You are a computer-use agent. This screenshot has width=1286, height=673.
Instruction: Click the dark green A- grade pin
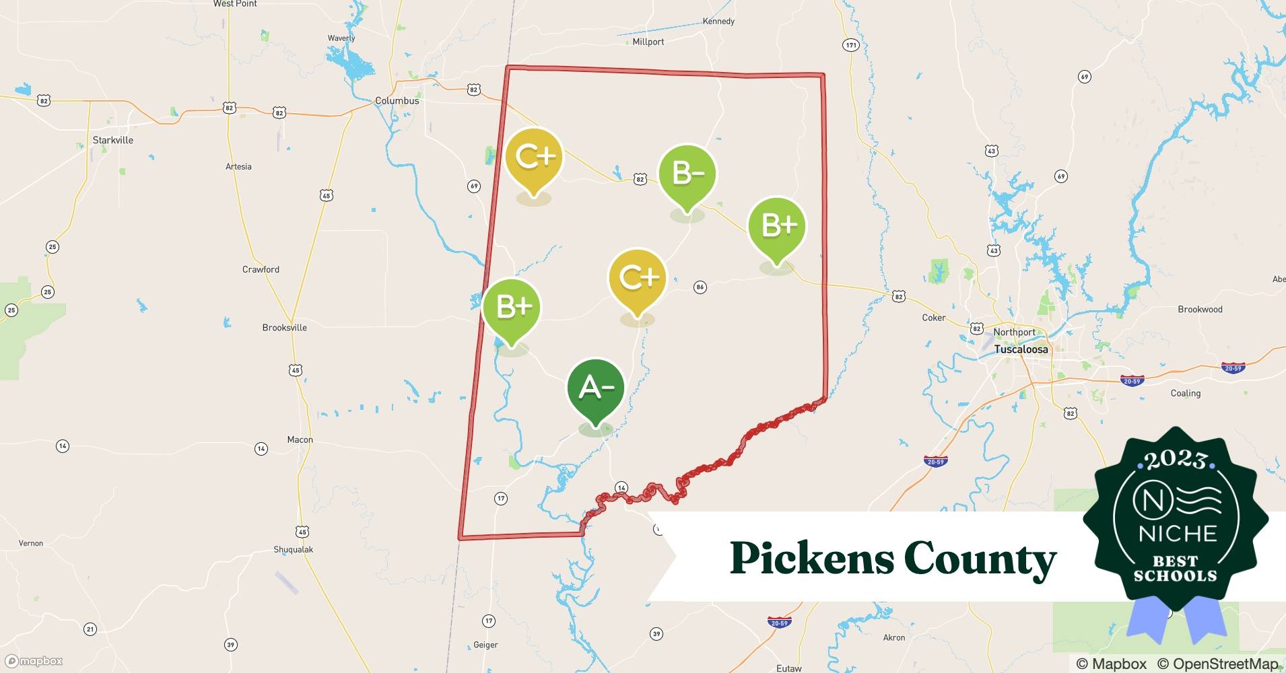pyautogui.click(x=595, y=388)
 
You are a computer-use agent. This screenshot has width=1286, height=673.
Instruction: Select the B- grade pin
pyautogui.click(x=687, y=174)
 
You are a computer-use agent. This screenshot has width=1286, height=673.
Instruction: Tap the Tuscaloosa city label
pyautogui.click(x=1021, y=349)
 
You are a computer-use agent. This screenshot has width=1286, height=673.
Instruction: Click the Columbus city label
pyautogui.click(x=397, y=101)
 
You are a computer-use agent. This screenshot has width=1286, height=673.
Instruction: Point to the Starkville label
pyautogui.click(x=112, y=140)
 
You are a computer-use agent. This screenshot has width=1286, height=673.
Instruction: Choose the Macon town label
pyautogui.click(x=300, y=439)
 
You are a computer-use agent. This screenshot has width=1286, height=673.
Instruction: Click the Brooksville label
pyautogui.click(x=284, y=328)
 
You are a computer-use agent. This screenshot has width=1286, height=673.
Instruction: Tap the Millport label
pyautogui.click(x=648, y=42)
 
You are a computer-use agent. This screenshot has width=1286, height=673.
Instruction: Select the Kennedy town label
pyautogui.click(x=718, y=22)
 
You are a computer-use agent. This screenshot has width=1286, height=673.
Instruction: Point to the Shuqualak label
pyautogui.click(x=293, y=549)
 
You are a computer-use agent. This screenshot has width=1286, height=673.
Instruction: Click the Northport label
pyautogui.click(x=1014, y=332)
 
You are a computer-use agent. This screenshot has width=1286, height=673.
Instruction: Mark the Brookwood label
pyautogui.click(x=1200, y=310)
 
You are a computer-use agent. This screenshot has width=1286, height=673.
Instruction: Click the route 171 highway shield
pyautogui.click(x=851, y=45)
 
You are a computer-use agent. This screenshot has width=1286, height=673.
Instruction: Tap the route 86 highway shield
pyautogui.click(x=700, y=287)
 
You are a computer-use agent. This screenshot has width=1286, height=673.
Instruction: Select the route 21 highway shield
pyautogui.click(x=90, y=629)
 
